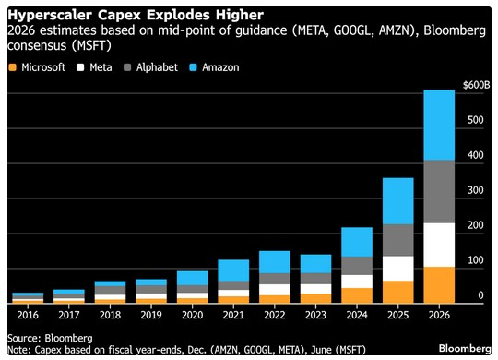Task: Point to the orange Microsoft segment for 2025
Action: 397,292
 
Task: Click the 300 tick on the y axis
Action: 473,190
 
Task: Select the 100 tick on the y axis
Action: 473,260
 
